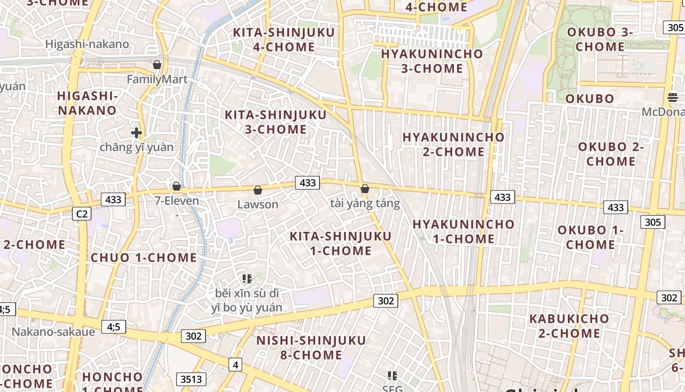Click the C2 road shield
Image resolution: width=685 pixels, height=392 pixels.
(x=82, y=214)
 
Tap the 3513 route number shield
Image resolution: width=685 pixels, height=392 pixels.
(x=191, y=379)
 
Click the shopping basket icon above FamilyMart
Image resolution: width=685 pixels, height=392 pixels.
(x=157, y=65)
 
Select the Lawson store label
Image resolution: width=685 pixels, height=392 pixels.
(x=257, y=204)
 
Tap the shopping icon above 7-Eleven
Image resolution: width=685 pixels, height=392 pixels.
(x=177, y=186)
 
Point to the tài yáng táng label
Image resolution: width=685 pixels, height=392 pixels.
(x=365, y=203)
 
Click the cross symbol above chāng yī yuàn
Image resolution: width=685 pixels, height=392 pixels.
(x=137, y=132)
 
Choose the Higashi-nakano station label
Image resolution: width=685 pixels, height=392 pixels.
(x=87, y=44)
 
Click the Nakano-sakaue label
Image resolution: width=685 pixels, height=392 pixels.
(x=53, y=332)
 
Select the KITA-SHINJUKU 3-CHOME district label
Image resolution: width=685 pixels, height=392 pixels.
(x=275, y=122)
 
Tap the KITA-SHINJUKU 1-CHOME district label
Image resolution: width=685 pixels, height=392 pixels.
(x=341, y=244)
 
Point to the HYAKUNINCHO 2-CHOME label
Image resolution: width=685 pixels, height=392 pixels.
(x=454, y=145)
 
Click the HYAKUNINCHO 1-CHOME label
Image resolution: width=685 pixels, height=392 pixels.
(x=463, y=232)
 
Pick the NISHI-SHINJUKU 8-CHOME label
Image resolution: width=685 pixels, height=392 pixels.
(x=311, y=347)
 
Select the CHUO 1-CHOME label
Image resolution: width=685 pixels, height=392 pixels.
(x=144, y=258)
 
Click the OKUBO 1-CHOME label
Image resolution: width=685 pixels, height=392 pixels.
(x=591, y=237)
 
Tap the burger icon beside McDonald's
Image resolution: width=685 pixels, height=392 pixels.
(x=672, y=97)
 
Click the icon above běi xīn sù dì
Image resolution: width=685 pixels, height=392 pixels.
(x=247, y=279)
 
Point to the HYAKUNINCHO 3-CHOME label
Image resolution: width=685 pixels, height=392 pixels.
(x=432, y=61)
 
